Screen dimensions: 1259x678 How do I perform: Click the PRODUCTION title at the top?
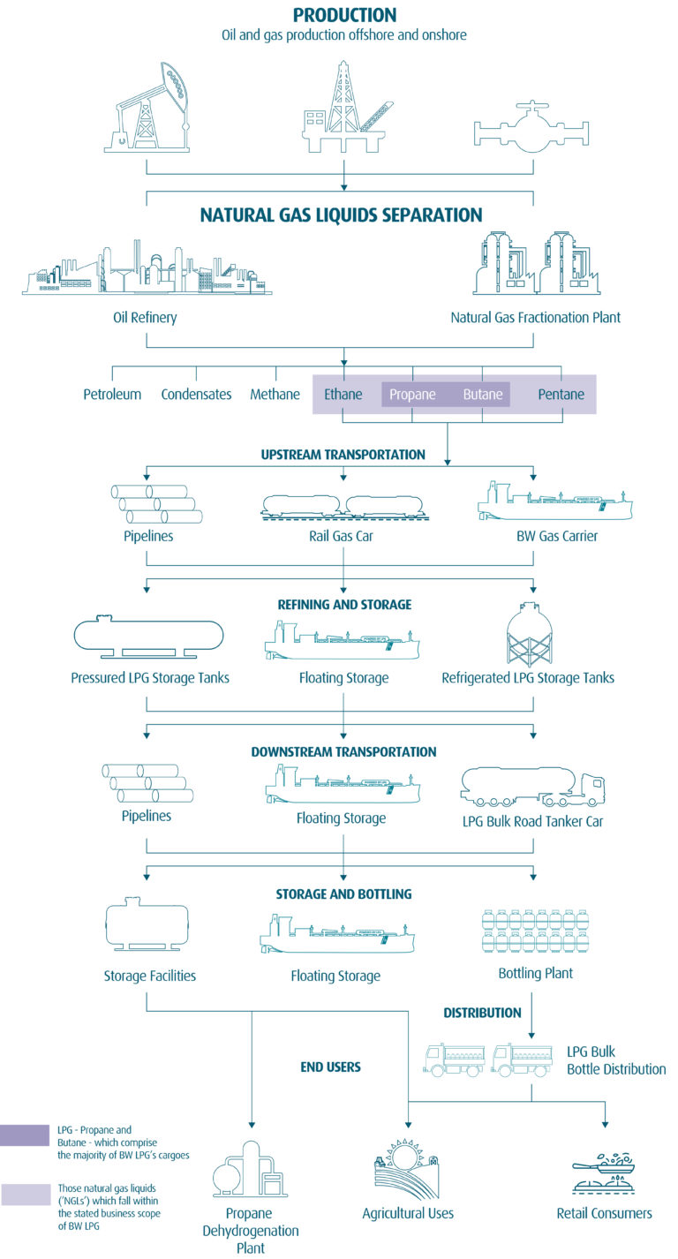[344, 15]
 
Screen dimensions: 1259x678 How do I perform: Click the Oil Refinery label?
[146, 317]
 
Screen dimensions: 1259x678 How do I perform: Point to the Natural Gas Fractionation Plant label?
[535, 317]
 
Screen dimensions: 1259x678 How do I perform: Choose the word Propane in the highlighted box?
[412, 394]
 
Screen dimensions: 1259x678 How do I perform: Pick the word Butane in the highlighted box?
[483, 394]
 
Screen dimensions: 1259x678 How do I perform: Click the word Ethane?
[343, 394]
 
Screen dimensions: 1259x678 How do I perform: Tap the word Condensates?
[196, 394]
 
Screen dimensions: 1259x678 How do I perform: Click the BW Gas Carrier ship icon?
[554, 501]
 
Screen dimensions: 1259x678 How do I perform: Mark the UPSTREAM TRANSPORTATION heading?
[343, 455]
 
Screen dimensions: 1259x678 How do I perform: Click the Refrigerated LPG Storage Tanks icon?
[530, 634]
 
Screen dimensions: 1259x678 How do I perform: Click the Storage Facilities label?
[149, 976]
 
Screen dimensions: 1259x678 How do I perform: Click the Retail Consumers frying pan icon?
[605, 1172]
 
